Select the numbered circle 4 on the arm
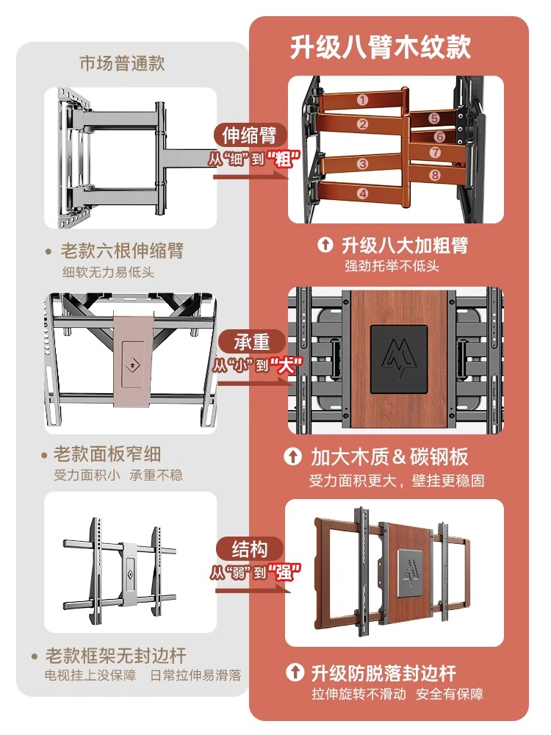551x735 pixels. point(362,193)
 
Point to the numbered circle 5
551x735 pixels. point(434,118)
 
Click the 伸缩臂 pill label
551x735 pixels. point(250,136)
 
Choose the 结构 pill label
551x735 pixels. point(251,549)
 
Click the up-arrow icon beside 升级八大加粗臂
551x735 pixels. point(325,245)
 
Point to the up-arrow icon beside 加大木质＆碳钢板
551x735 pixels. point(293,457)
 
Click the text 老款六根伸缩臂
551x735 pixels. point(121,251)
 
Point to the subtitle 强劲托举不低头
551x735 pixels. point(392,266)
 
